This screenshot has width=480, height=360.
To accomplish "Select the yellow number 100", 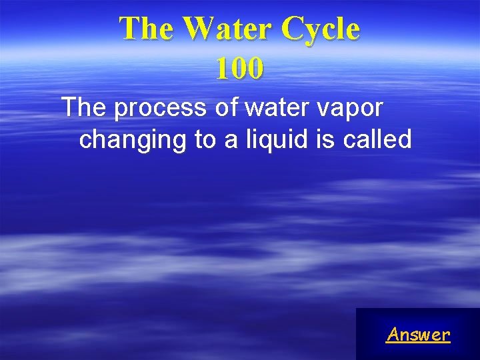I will (x=239, y=68).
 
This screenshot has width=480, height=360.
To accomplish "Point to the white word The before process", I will (x=85, y=107).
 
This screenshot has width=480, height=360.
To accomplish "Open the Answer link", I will (x=418, y=334).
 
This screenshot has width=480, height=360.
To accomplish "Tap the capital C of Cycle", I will (x=292, y=29).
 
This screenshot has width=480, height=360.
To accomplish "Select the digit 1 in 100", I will (x=222, y=68).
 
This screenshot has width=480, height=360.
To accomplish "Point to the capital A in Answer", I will (x=393, y=334).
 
